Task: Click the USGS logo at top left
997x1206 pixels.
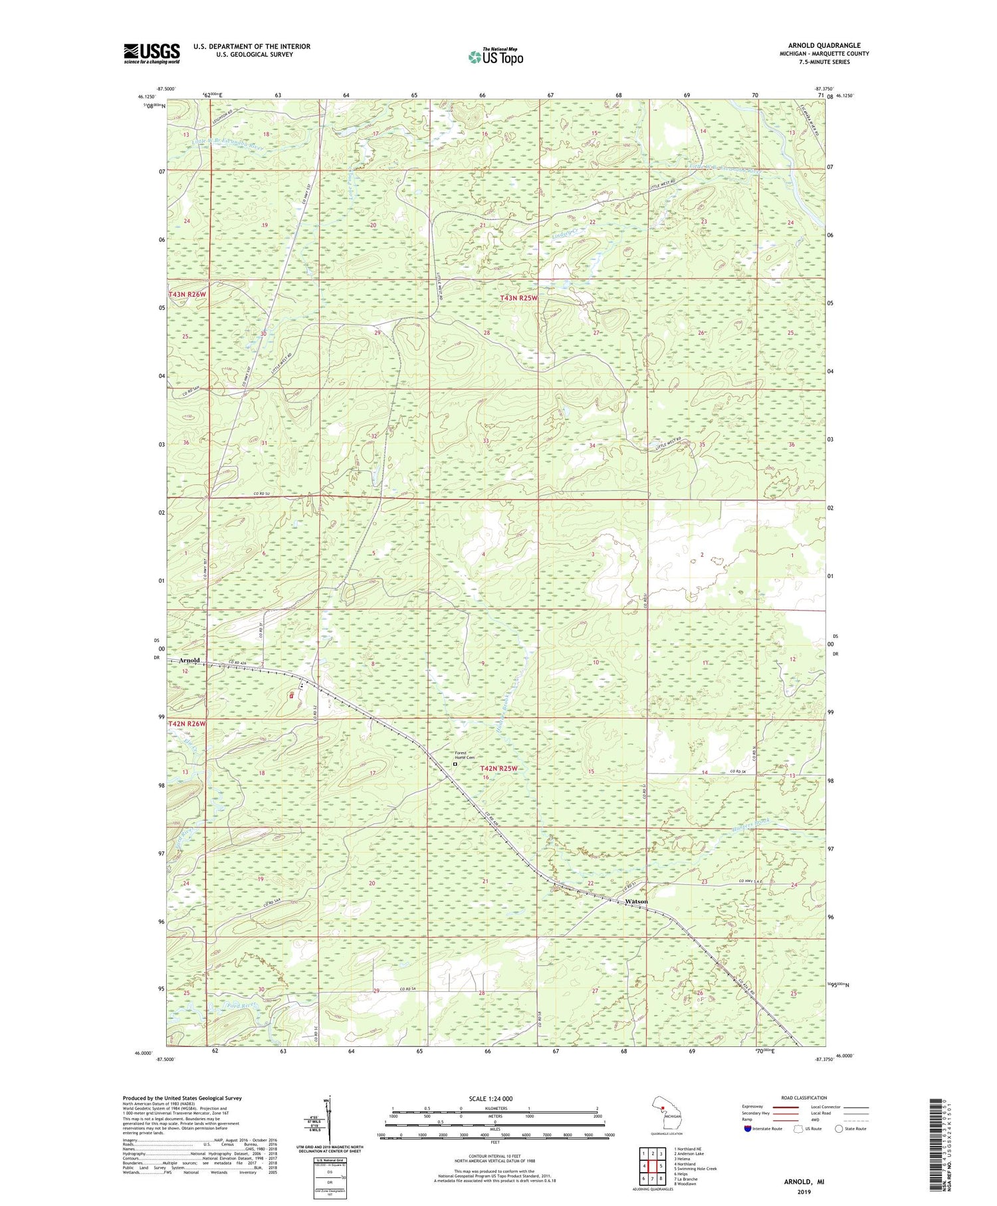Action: point(152,53)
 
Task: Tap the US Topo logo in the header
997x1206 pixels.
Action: point(495,57)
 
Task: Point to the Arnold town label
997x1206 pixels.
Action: point(189,660)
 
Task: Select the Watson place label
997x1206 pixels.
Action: point(636,901)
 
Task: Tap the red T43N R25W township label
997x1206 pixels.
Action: point(518,298)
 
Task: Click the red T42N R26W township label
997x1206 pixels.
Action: point(187,723)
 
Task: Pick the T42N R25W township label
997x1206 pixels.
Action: point(498,768)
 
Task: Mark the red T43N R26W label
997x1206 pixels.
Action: point(187,294)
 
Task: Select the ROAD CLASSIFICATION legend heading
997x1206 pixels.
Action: point(804,1098)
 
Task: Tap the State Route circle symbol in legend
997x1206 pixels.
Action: point(839,1128)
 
